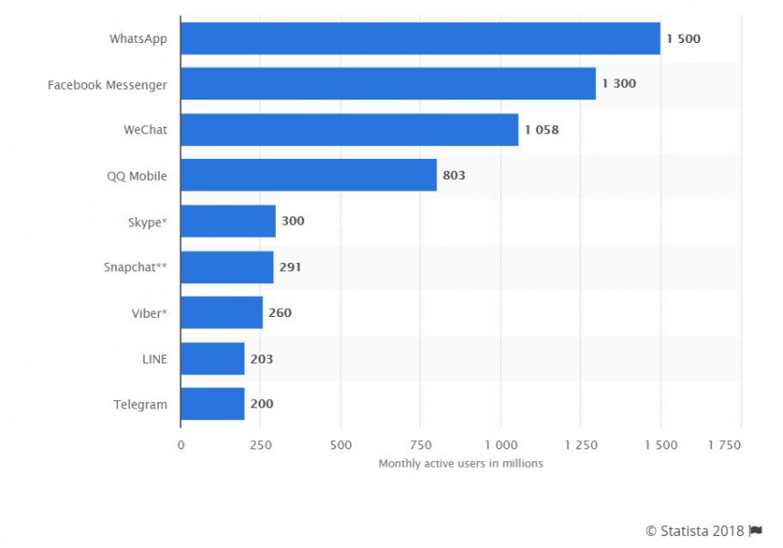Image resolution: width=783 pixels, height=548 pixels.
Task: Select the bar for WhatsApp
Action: [420, 38]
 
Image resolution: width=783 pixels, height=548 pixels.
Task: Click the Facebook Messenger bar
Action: [387, 84]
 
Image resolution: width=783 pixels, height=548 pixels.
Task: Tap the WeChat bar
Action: [349, 130]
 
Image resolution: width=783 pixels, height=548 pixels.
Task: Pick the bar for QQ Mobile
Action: [308, 175]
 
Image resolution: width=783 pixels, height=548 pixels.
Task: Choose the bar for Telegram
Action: [212, 404]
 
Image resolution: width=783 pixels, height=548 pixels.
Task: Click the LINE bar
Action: [212, 358]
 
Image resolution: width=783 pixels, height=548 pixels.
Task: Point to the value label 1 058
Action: [542, 130]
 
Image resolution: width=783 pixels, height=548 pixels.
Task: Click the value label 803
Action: [454, 175]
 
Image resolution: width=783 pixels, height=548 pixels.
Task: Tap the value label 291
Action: [290, 267]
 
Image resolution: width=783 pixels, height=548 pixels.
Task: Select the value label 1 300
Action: [619, 84]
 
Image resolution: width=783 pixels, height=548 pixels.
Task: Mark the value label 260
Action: [280, 312]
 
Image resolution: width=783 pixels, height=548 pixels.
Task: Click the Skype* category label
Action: [148, 221]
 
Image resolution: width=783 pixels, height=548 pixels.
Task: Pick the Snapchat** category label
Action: [135, 267]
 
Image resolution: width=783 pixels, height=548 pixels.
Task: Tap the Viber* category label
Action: [148, 312]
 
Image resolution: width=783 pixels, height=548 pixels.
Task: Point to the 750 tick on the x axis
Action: [420, 445]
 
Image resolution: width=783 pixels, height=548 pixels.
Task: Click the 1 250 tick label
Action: [580, 445]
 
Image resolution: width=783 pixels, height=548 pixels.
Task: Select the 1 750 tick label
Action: [725, 445]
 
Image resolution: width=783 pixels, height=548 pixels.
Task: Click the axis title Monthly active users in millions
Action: [460, 463]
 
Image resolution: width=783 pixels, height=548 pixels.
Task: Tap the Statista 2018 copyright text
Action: [694, 532]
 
